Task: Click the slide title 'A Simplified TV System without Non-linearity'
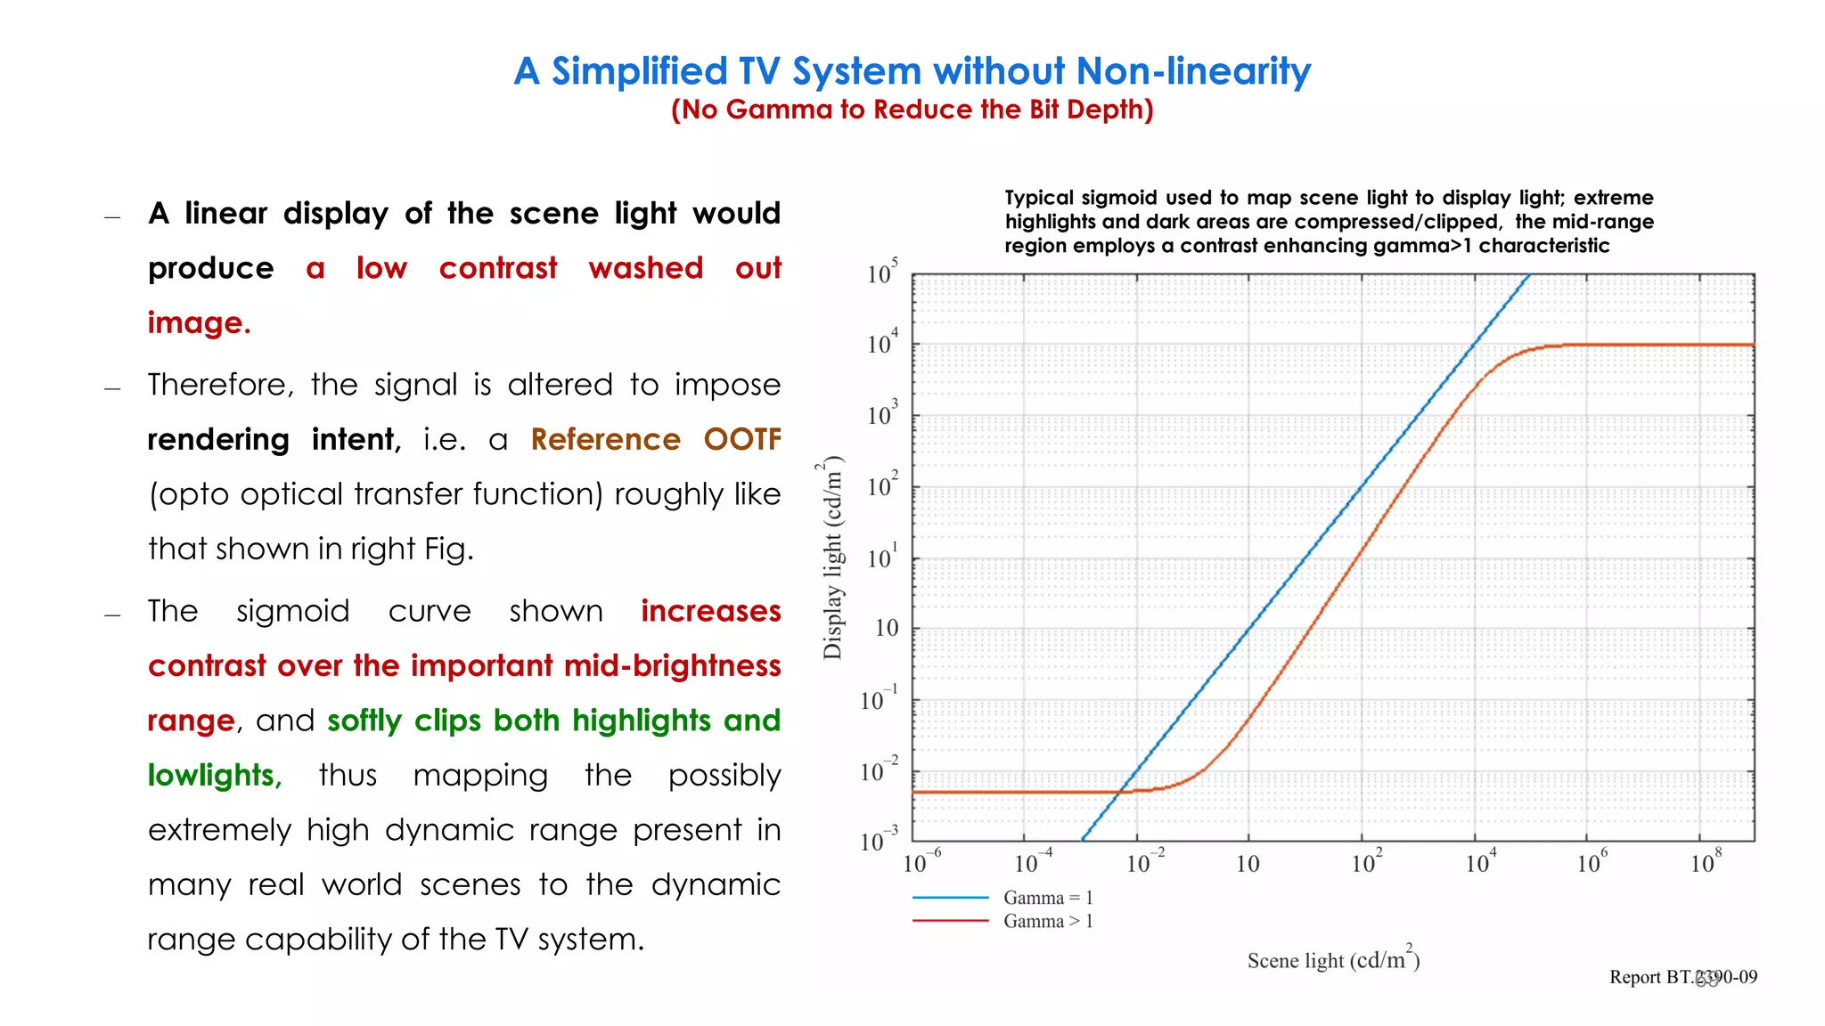[912, 71]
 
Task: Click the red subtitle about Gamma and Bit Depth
[912, 110]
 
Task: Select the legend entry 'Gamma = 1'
[1048, 898]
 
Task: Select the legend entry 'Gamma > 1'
[1048, 921]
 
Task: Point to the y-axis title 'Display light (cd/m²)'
[832, 558]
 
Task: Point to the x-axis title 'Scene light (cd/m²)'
[1333, 959]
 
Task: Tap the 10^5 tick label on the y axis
[882, 272]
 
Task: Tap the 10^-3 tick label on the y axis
[879, 840]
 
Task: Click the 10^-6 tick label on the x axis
[921, 862]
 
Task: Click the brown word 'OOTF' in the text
[742, 440]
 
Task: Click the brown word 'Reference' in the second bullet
[605, 440]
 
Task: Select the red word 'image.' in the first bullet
[199, 322]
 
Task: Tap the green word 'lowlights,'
[215, 776]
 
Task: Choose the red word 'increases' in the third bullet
[710, 611]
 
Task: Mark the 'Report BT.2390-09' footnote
[1682, 977]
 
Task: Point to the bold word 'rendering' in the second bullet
[218, 440]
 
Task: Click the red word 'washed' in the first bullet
[646, 268]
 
